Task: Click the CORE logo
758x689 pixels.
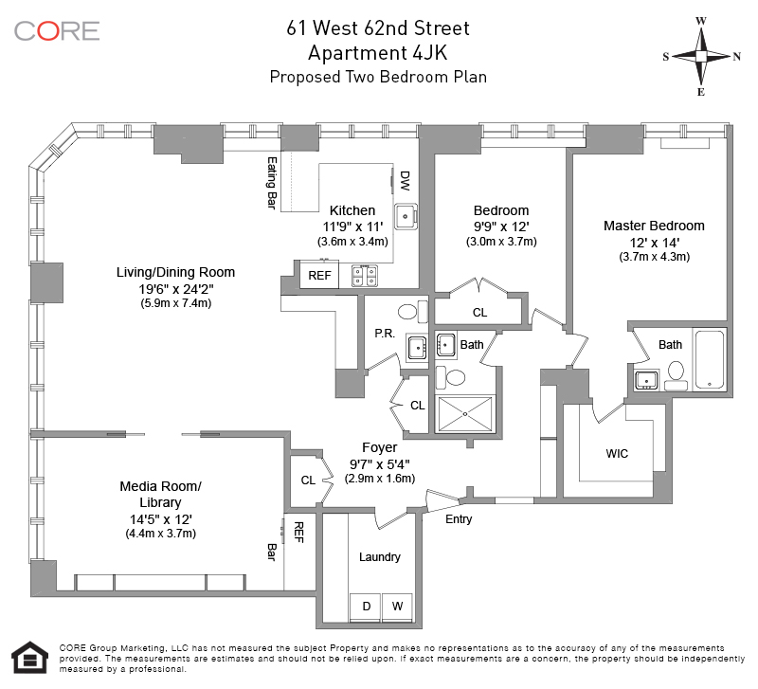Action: pos(57,31)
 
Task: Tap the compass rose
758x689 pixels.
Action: pos(701,57)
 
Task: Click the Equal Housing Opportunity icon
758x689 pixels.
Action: pos(30,657)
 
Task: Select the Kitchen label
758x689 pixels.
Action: pos(352,210)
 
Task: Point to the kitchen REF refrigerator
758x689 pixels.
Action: pos(319,275)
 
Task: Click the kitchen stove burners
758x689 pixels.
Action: pos(365,276)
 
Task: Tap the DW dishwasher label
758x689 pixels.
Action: pos(406,180)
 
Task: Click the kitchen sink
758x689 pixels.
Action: pos(406,216)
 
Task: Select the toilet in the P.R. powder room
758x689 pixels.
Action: pos(413,312)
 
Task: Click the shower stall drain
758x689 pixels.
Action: pos(465,414)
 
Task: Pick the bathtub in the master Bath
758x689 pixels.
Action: pos(709,360)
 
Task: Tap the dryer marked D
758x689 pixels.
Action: pos(366,607)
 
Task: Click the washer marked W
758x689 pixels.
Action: pos(397,607)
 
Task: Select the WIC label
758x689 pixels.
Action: pos(617,454)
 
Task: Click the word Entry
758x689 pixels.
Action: pos(459,519)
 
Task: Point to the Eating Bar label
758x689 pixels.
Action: pos(272,183)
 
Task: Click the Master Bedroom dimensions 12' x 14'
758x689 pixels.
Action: pos(654,243)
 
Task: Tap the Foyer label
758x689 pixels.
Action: pos(380,447)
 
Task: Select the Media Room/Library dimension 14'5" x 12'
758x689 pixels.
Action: pos(160,519)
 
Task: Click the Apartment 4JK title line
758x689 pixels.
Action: pos(377,53)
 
